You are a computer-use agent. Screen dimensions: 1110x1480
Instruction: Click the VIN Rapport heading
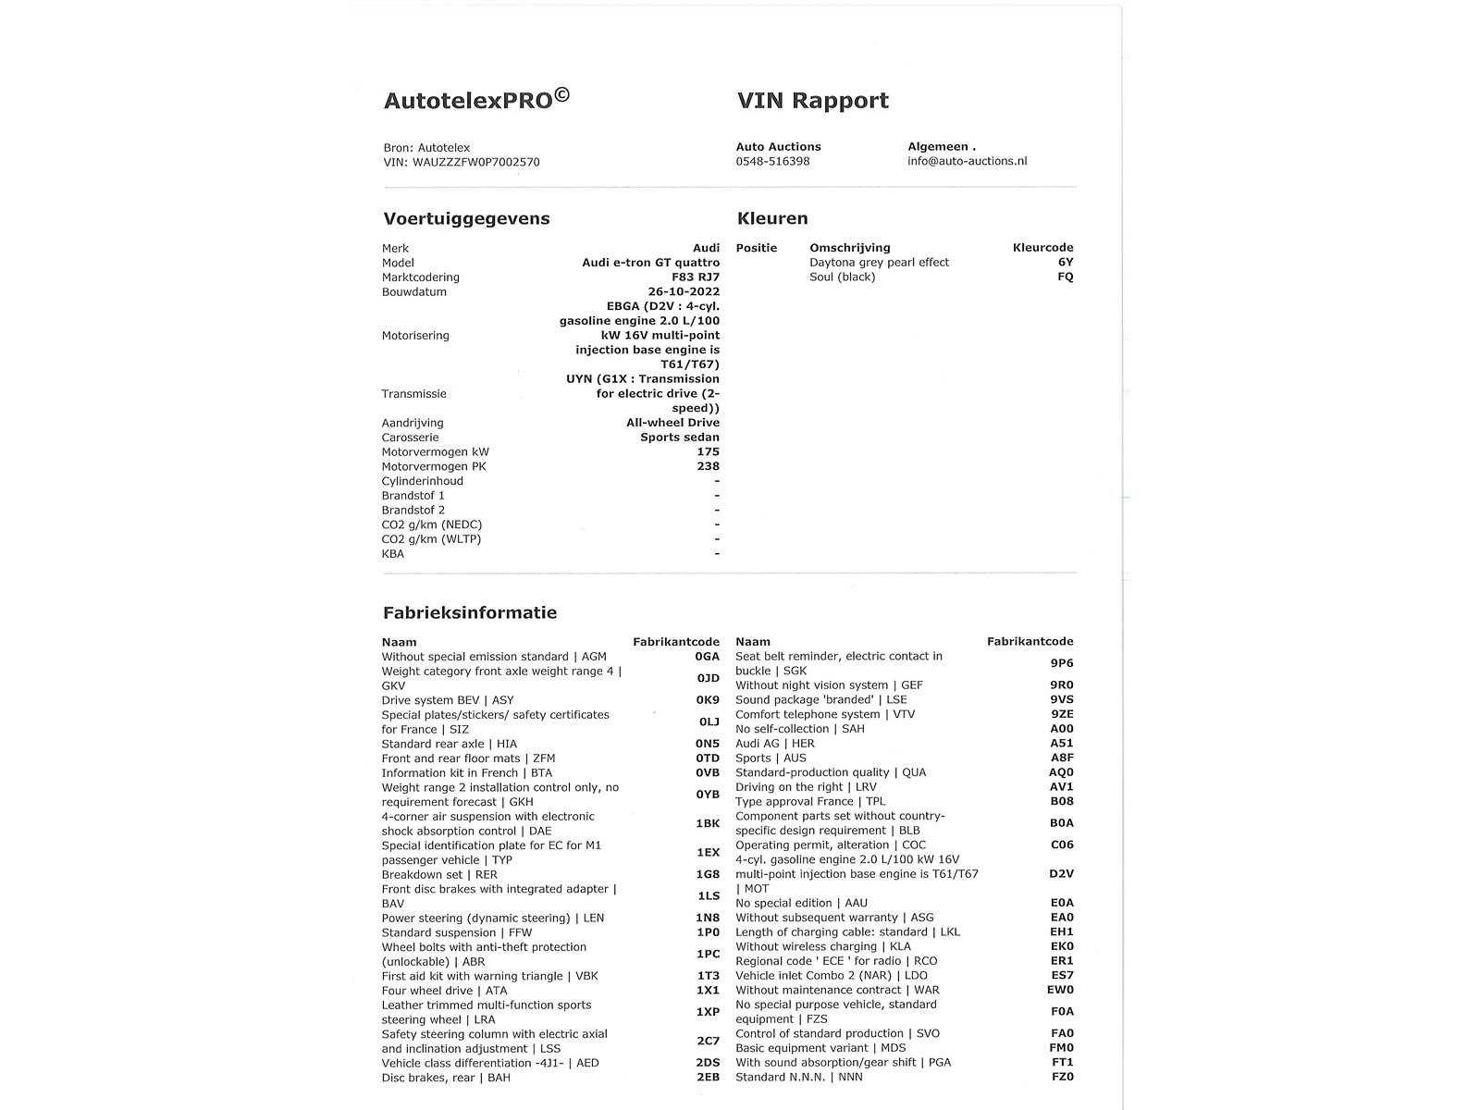pyautogui.click(x=812, y=101)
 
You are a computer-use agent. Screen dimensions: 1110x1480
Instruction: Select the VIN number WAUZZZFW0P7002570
pyautogui.click(x=475, y=162)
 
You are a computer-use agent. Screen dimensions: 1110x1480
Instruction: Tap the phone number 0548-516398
pyautogui.click(x=772, y=161)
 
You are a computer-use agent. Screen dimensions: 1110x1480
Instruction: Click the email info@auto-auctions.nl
pyautogui.click(x=967, y=161)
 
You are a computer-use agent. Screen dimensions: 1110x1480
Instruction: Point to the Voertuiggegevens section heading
pyautogui.click(x=466, y=219)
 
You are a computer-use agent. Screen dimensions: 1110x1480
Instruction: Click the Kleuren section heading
pyautogui.click(x=772, y=219)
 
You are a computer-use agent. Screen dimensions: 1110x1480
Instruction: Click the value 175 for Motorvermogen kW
pyautogui.click(x=708, y=451)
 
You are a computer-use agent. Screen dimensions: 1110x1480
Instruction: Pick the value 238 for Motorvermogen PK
pyautogui.click(x=708, y=466)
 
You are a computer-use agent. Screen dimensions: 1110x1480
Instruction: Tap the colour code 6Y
pyautogui.click(x=1066, y=262)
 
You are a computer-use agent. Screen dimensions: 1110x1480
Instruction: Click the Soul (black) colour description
pyautogui.click(x=842, y=277)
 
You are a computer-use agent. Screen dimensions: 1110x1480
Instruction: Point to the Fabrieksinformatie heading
pyautogui.click(x=470, y=613)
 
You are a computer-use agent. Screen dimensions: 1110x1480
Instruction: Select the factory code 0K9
pyautogui.click(x=707, y=700)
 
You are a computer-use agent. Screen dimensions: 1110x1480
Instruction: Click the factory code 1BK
pyautogui.click(x=707, y=823)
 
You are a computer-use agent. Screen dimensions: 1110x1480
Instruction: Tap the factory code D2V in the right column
pyautogui.click(x=1061, y=873)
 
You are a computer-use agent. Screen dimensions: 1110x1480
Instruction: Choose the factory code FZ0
pyautogui.click(x=1062, y=1077)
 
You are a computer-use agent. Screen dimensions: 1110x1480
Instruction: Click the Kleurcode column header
pyautogui.click(x=1042, y=248)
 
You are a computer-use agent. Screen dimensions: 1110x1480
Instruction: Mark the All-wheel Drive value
pyautogui.click(x=672, y=423)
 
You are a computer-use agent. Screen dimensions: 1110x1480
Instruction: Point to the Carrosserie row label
pyautogui.click(x=410, y=438)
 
